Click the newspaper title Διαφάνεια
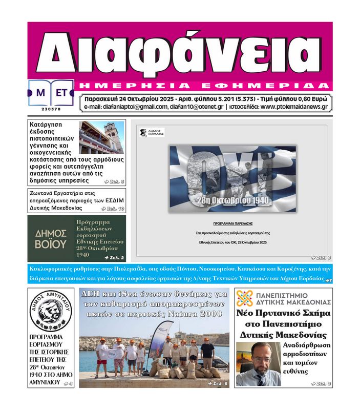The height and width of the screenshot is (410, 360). (x=180, y=51)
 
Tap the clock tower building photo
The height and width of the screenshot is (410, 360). (x=101, y=137)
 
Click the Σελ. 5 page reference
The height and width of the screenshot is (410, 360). (x=114, y=181)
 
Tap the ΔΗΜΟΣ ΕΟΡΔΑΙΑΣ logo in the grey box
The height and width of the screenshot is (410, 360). (x=152, y=133)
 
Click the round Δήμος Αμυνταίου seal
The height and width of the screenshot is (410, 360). (x=50, y=311)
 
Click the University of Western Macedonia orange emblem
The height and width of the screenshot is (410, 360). (x=244, y=298)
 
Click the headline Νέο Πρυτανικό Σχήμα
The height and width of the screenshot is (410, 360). (x=283, y=313)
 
